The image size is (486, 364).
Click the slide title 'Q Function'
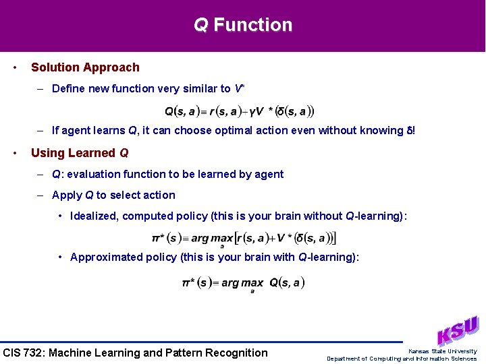(243, 25)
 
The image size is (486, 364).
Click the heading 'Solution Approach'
(85, 67)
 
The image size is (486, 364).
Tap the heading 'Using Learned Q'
(80, 153)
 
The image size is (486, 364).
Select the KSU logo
(458, 330)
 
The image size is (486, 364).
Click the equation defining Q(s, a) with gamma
(240, 111)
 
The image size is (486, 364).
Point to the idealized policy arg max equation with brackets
(244, 238)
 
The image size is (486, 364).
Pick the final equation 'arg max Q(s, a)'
(244, 283)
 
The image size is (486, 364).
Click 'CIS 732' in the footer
(23, 353)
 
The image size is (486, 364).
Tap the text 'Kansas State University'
(442, 351)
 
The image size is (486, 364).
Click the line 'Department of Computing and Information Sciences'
(402, 359)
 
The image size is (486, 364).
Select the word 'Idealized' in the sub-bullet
(94, 216)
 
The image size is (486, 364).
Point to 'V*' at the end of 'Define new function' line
(239, 88)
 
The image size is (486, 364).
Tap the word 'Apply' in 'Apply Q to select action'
(67, 195)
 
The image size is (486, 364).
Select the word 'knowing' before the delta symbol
(380, 130)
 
